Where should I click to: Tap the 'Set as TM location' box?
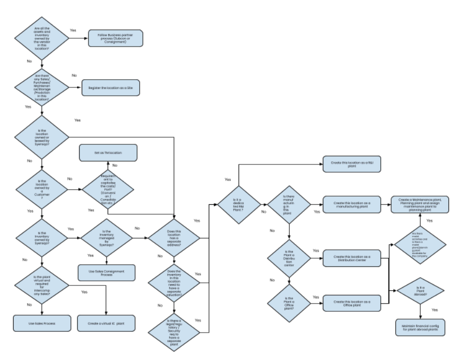(x=108, y=153)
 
